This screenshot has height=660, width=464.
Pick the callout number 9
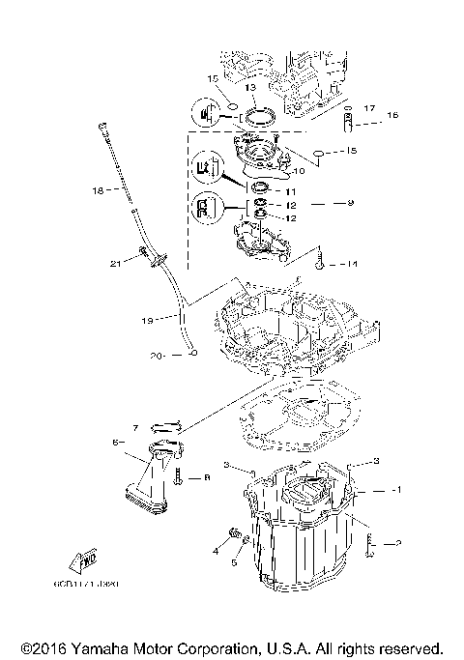pyautogui.click(x=351, y=204)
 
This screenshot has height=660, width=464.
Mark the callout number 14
pyautogui.click(x=352, y=263)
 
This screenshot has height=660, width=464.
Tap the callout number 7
pyautogui.click(x=137, y=426)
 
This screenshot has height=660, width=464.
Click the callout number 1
pyautogui.click(x=396, y=490)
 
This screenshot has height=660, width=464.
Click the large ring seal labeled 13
pyautogui.click(x=258, y=119)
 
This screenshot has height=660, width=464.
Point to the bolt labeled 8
pyautogui.click(x=180, y=476)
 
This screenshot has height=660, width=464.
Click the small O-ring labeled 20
pyautogui.click(x=193, y=355)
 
